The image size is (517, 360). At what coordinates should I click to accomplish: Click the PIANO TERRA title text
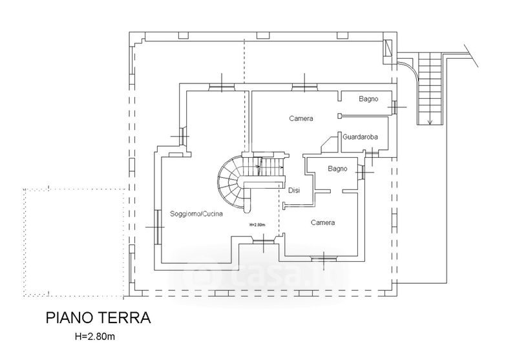[98, 318]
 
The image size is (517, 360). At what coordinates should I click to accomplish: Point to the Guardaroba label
[364, 136]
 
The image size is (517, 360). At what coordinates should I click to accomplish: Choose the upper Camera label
[301, 118]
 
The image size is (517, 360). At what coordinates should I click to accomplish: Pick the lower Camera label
[322, 222]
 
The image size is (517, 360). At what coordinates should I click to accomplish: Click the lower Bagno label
[337, 169]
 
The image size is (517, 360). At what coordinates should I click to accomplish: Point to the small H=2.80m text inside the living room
[257, 225]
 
